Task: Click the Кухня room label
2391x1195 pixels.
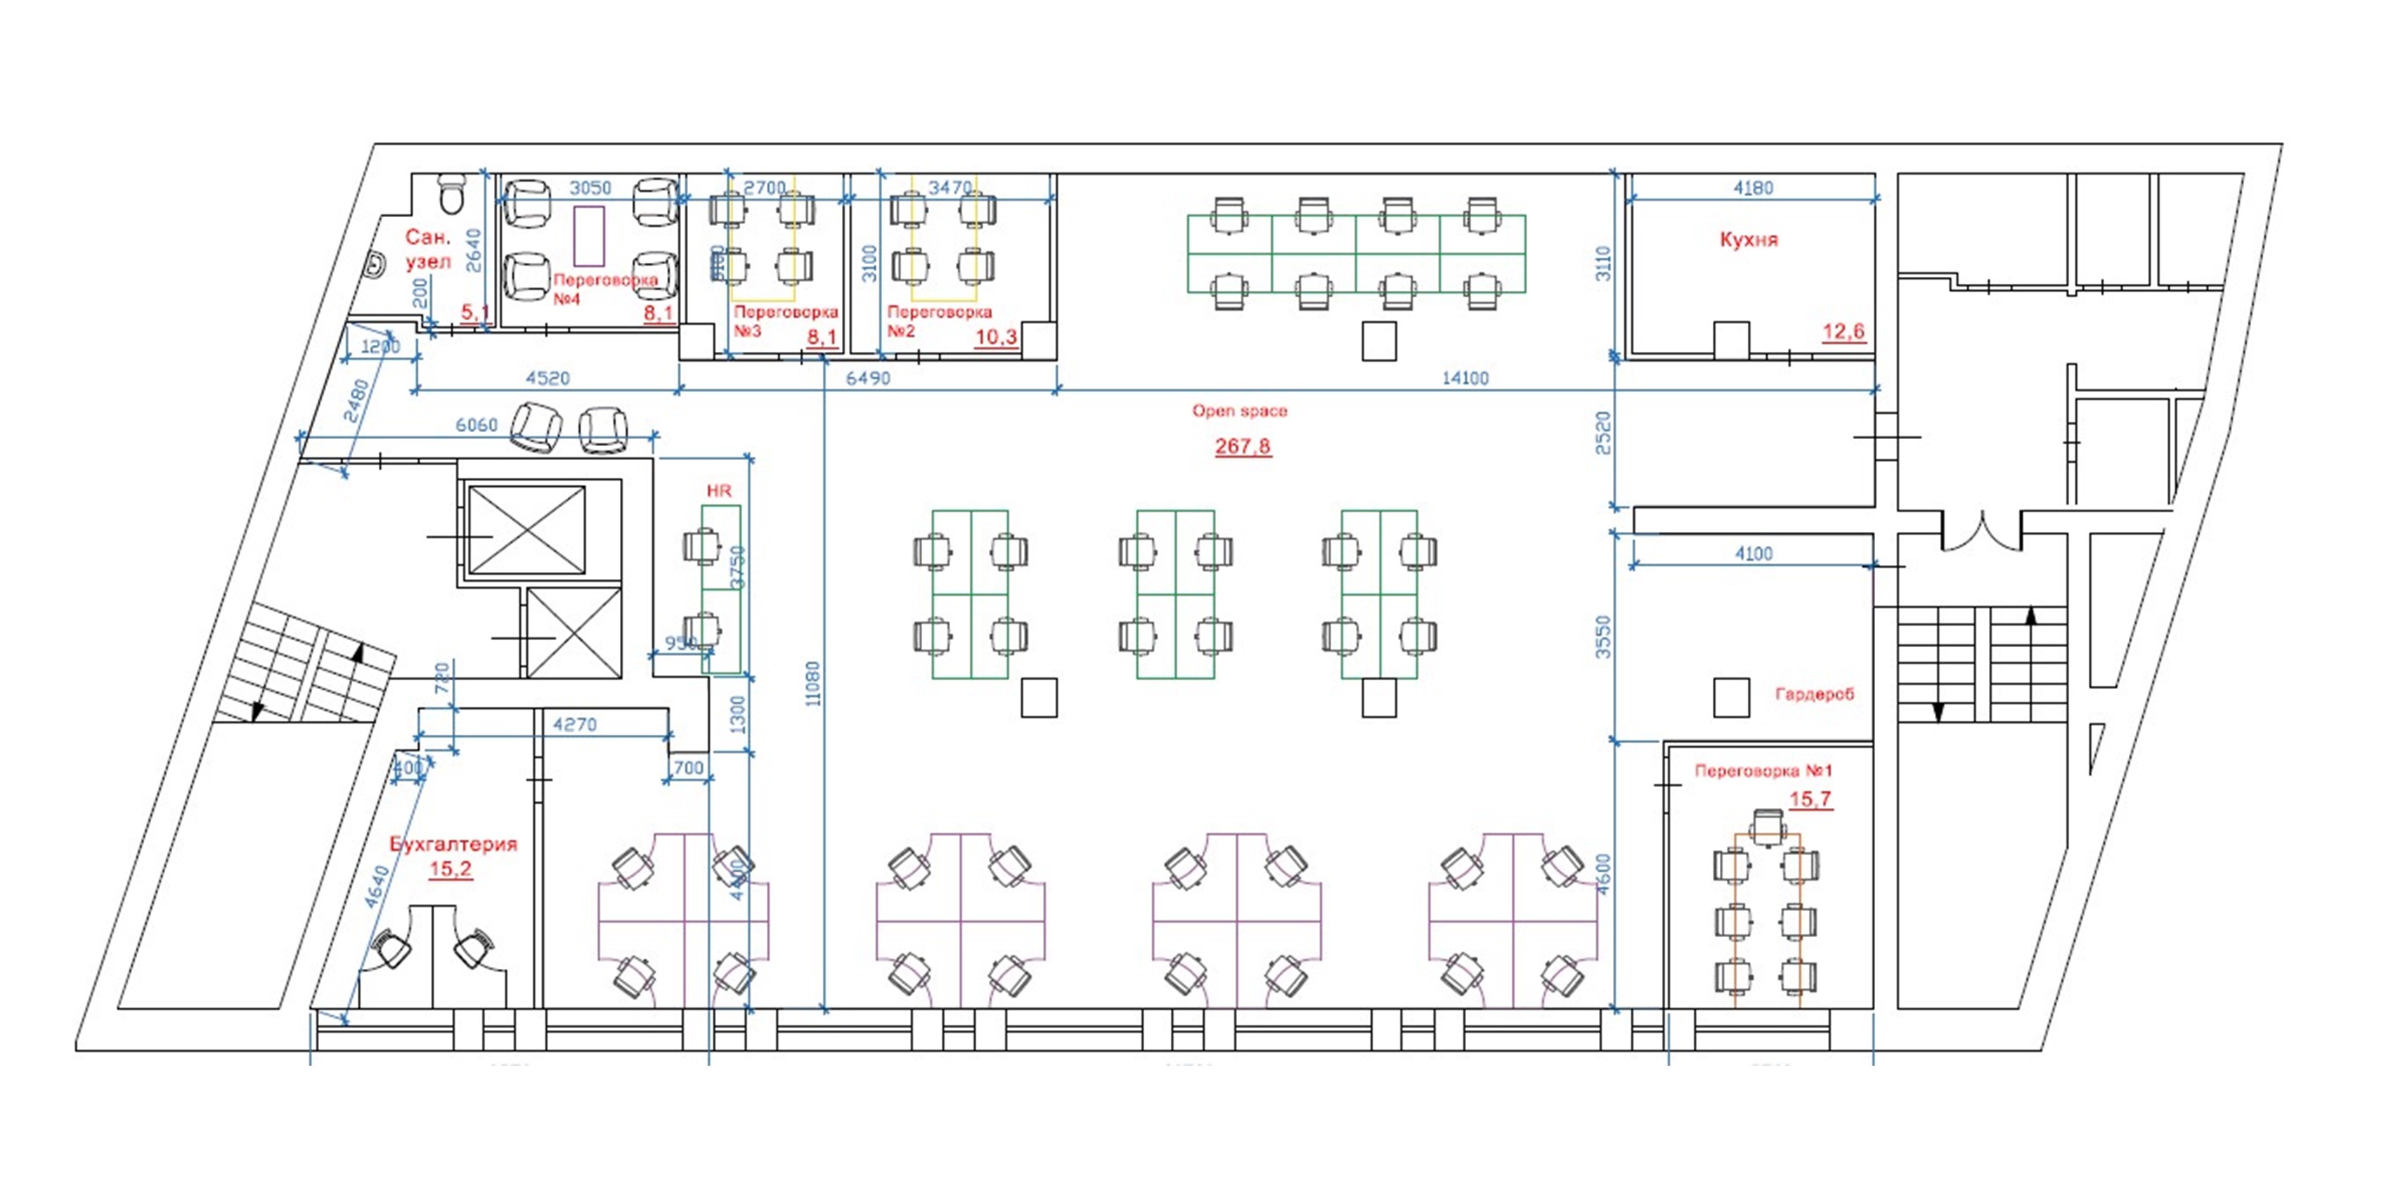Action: (x=1749, y=240)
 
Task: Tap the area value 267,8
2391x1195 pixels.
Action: (x=1243, y=446)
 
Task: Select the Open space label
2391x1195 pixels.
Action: (x=1239, y=410)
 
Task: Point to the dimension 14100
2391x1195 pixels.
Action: (x=1465, y=378)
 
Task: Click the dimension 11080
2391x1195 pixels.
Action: (x=813, y=683)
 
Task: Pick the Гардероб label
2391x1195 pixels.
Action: (x=1814, y=694)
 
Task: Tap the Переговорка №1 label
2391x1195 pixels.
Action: (x=1763, y=771)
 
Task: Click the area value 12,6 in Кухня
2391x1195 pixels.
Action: (x=1844, y=331)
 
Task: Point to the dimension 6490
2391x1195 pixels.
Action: (x=868, y=378)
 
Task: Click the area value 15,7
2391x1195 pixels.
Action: (x=1810, y=799)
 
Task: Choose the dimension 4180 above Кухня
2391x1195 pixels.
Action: (x=1752, y=188)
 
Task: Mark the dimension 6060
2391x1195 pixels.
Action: (x=476, y=424)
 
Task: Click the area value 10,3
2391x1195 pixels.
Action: (x=996, y=337)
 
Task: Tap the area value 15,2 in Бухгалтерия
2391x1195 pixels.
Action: (x=451, y=869)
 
